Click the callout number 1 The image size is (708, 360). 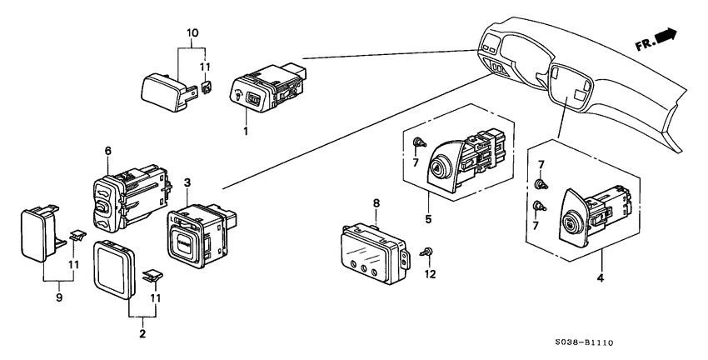point(246,132)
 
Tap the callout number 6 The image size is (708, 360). point(107,150)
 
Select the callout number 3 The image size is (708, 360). point(187,182)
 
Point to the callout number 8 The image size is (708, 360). point(376,202)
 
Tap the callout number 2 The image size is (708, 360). point(142,333)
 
